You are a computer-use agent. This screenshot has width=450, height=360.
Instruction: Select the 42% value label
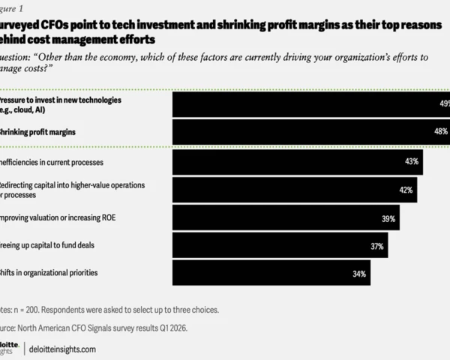pyautogui.click(x=406, y=190)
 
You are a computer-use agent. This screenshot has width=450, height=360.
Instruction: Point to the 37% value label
pyautogui.click(x=376, y=246)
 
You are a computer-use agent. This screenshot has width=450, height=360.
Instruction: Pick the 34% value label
pyautogui.click(x=358, y=274)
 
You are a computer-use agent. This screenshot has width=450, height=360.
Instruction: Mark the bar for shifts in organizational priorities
pyautogui.click(x=270, y=274)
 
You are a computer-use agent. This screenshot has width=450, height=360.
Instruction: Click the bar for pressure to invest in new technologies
pyautogui.click(x=307, y=104)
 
